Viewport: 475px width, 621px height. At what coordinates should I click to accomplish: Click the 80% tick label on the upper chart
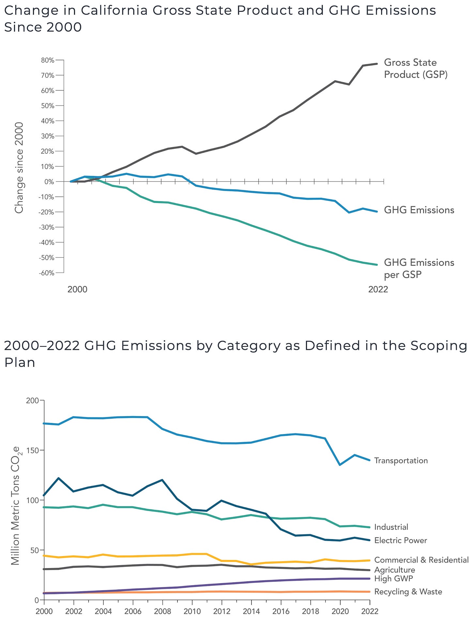tap(48, 60)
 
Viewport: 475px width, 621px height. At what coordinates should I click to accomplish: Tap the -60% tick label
tap(46, 273)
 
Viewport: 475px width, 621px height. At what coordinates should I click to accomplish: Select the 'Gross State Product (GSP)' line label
tap(416, 69)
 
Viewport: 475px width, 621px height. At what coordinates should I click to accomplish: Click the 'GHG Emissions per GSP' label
tap(419, 269)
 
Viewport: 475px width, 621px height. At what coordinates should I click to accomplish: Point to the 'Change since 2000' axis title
tap(19, 168)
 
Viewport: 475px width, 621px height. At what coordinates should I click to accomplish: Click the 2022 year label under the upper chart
tap(378, 289)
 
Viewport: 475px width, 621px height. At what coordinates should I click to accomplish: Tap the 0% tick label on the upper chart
tap(49, 182)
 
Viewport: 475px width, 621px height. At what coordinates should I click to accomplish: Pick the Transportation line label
tap(401, 460)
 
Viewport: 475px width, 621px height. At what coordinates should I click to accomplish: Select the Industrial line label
tap(391, 527)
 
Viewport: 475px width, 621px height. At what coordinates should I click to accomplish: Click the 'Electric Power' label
tap(401, 540)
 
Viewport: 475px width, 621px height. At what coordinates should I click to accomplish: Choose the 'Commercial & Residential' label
tap(421, 560)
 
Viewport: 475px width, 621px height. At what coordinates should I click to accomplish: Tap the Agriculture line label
tap(395, 570)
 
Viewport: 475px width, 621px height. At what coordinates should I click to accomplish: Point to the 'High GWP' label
tap(393, 579)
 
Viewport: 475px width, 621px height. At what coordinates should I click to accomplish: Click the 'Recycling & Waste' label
tap(408, 592)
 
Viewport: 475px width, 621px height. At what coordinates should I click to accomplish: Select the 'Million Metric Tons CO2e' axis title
tap(16, 501)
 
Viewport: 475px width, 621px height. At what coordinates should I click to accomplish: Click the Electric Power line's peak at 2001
tap(58, 478)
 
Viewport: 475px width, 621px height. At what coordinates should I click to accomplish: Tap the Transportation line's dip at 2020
tap(340, 465)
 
